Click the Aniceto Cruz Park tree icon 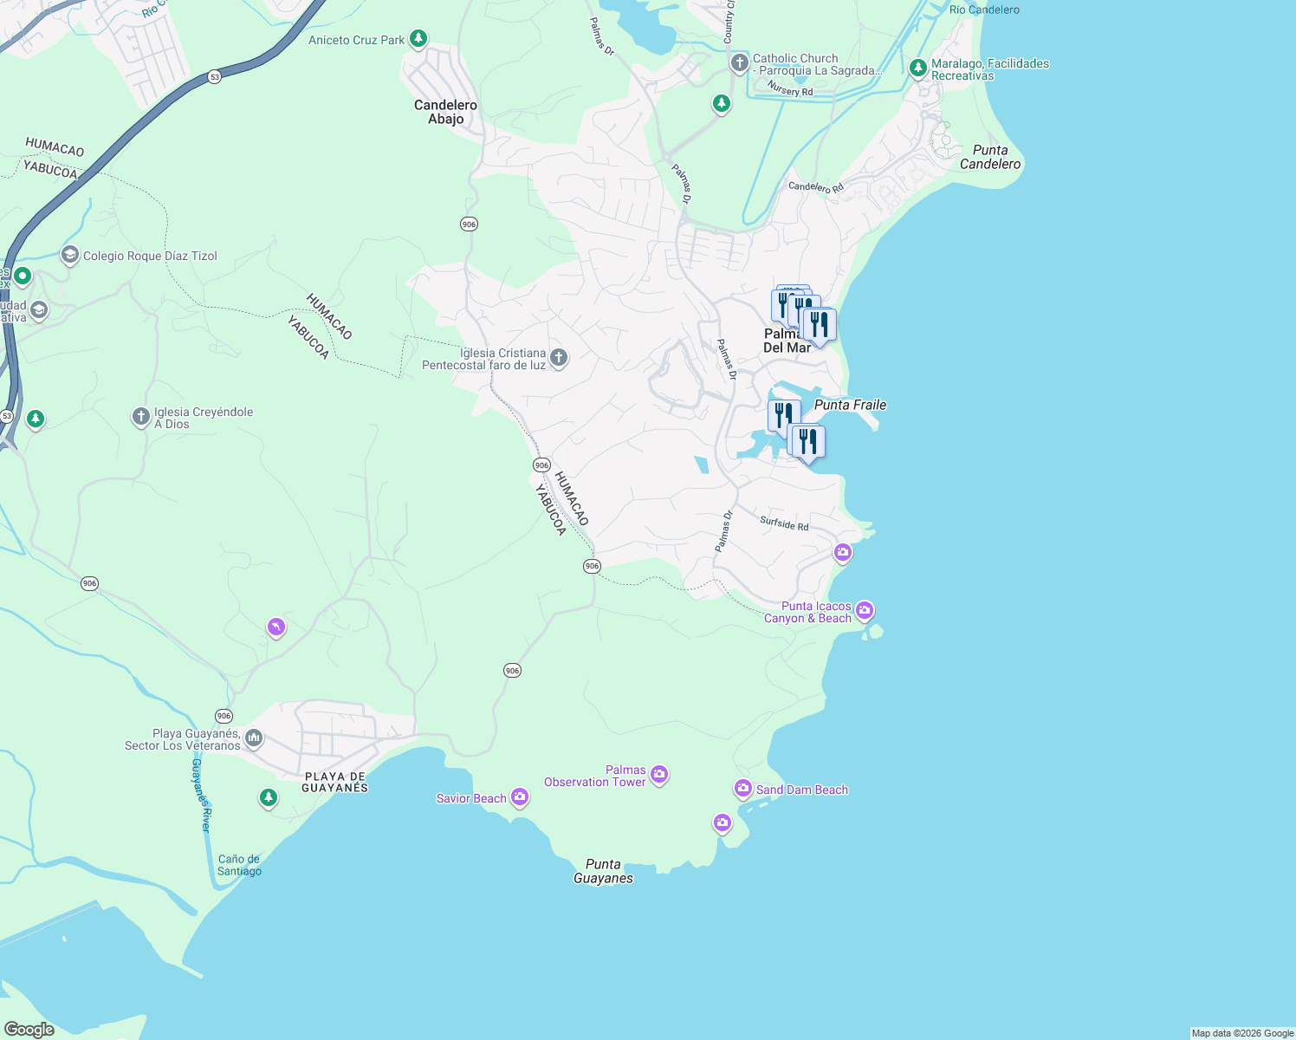coord(418,39)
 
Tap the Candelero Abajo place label coord(445,112)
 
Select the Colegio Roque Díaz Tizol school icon coord(69,255)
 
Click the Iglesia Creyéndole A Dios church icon coord(140,418)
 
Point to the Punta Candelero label coord(990,157)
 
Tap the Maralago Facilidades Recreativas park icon coord(917,68)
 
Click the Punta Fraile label coord(850,405)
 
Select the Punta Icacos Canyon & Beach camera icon coord(864,612)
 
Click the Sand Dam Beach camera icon coord(742,789)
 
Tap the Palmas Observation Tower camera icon coord(659,774)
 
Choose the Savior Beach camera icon coord(520,797)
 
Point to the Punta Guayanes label coord(603,871)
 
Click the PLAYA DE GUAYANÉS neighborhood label coord(334,782)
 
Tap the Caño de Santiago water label coord(239,865)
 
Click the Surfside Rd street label coord(784,523)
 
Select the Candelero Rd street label coord(815,187)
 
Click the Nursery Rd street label coord(791,91)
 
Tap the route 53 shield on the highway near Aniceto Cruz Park coord(215,77)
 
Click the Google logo coord(29,1029)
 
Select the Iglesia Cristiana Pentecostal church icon coord(559,358)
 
